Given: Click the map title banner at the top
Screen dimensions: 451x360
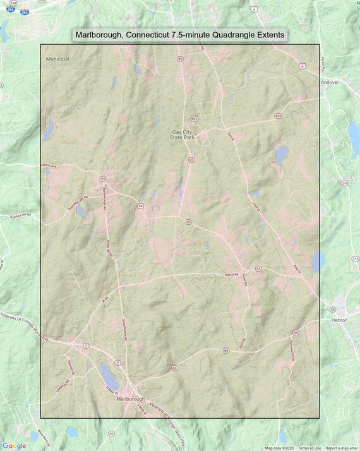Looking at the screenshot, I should click(179, 34).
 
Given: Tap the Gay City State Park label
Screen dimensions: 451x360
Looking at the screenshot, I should click(185, 135).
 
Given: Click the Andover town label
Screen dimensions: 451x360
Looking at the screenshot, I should click(330, 82).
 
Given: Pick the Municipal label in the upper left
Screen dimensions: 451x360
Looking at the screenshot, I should click(57, 59).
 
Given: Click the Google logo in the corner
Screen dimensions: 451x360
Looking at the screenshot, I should click(14, 445).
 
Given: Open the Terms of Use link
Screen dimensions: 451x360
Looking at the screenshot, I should click(309, 448).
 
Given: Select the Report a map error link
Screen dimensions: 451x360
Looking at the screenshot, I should click(341, 448).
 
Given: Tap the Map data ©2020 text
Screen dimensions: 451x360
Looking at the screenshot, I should click(279, 448).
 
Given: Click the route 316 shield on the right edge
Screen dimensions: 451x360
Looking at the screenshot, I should click(344, 183).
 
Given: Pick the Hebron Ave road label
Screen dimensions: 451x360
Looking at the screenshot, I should click(49, 165).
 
